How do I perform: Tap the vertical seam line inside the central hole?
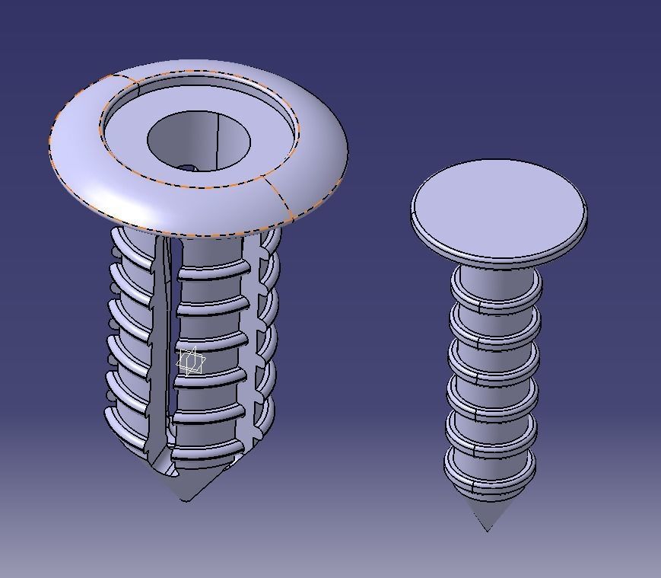click(x=218, y=140)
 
